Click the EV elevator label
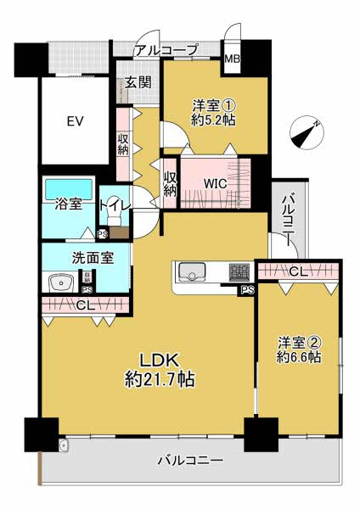(75, 120)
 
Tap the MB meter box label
(231, 59)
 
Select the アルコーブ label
(166, 50)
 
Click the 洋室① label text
(213, 106)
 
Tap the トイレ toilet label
(115, 204)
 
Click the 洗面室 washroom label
(86, 258)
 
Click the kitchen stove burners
(239, 271)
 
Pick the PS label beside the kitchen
(247, 291)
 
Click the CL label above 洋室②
(298, 272)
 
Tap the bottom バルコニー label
(190, 461)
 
